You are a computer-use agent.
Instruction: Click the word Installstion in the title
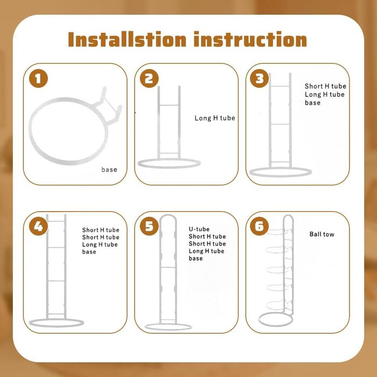click(127, 39)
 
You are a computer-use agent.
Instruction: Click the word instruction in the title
click(250, 39)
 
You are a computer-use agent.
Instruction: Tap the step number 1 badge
click(38, 79)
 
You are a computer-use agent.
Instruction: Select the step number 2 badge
click(149, 79)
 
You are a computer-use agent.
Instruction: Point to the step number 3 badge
click(260, 79)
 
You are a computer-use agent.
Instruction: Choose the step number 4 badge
click(38, 226)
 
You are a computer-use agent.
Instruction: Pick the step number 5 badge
click(149, 226)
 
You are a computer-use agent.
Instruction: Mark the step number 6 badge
click(260, 226)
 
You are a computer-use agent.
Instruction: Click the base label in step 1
click(109, 170)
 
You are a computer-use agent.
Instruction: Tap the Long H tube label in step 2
click(215, 118)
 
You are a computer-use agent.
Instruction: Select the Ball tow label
click(322, 234)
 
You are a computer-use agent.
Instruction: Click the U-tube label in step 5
click(199, 229)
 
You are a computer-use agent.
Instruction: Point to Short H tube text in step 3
click(325, 86)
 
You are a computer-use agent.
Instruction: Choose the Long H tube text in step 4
click(100, 245)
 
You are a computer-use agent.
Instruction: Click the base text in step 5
click(196, 259)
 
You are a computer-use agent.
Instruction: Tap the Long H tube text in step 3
click(325, 94)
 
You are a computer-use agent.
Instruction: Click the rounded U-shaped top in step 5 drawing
click(168, 215)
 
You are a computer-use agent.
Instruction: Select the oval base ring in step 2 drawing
click(169, 167)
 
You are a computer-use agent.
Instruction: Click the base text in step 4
click(89, 252)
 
